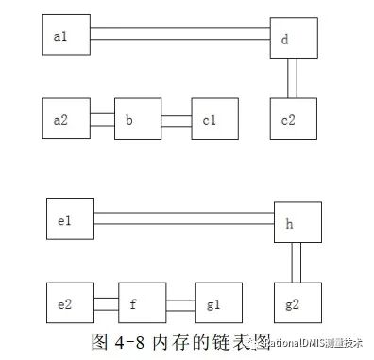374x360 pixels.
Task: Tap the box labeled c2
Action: tap(292, 120)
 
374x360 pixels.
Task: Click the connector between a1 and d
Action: tap(179, 35)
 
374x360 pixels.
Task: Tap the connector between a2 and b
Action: tap(102, 120)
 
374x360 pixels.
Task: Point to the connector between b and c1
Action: tap(176, 120)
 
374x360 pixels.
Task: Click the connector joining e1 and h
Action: tap(184, 218)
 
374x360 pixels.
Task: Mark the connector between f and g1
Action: tap(180, 304)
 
